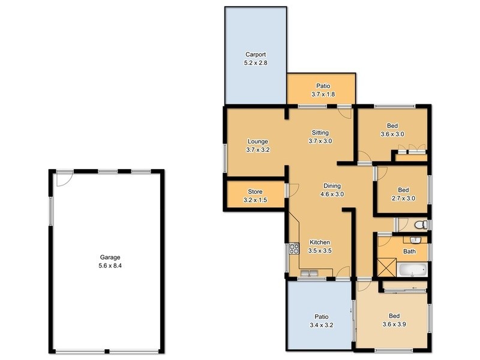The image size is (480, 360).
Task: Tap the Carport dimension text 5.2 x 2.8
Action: coord(255,63)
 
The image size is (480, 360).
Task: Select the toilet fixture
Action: coord(421,225)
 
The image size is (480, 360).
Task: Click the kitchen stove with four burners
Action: coord(294,248)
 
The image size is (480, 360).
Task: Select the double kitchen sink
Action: coord(311,275)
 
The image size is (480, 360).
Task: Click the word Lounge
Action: coord(257,142)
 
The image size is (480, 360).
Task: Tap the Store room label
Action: coord(255,192)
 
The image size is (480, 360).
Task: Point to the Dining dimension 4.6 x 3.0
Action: coord(332,194)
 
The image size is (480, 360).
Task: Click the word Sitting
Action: coord(320,133)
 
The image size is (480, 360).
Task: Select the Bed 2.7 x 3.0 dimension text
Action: coord(403,198)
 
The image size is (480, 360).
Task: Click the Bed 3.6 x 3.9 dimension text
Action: coord(394,325)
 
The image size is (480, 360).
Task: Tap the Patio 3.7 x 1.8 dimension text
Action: coord(322,94)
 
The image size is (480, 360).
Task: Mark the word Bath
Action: coord(409,252)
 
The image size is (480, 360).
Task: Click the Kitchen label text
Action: coord(319,242)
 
